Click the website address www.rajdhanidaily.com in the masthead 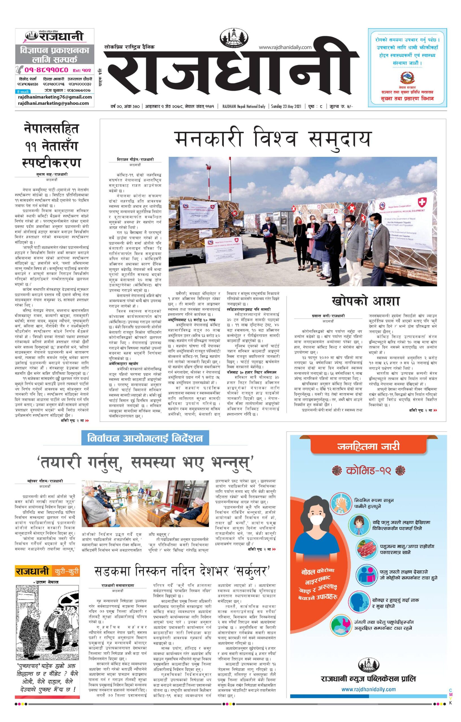point(285,47)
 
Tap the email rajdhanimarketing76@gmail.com point(55,97)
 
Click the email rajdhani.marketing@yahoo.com point(53,103)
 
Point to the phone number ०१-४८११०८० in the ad point(47,70)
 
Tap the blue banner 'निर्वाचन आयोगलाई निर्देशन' point(145,438)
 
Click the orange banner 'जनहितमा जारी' point(368,447)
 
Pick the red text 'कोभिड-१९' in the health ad point(368,470)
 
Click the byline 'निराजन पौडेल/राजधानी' point(135,160)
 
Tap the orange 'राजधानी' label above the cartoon point(32,571)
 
